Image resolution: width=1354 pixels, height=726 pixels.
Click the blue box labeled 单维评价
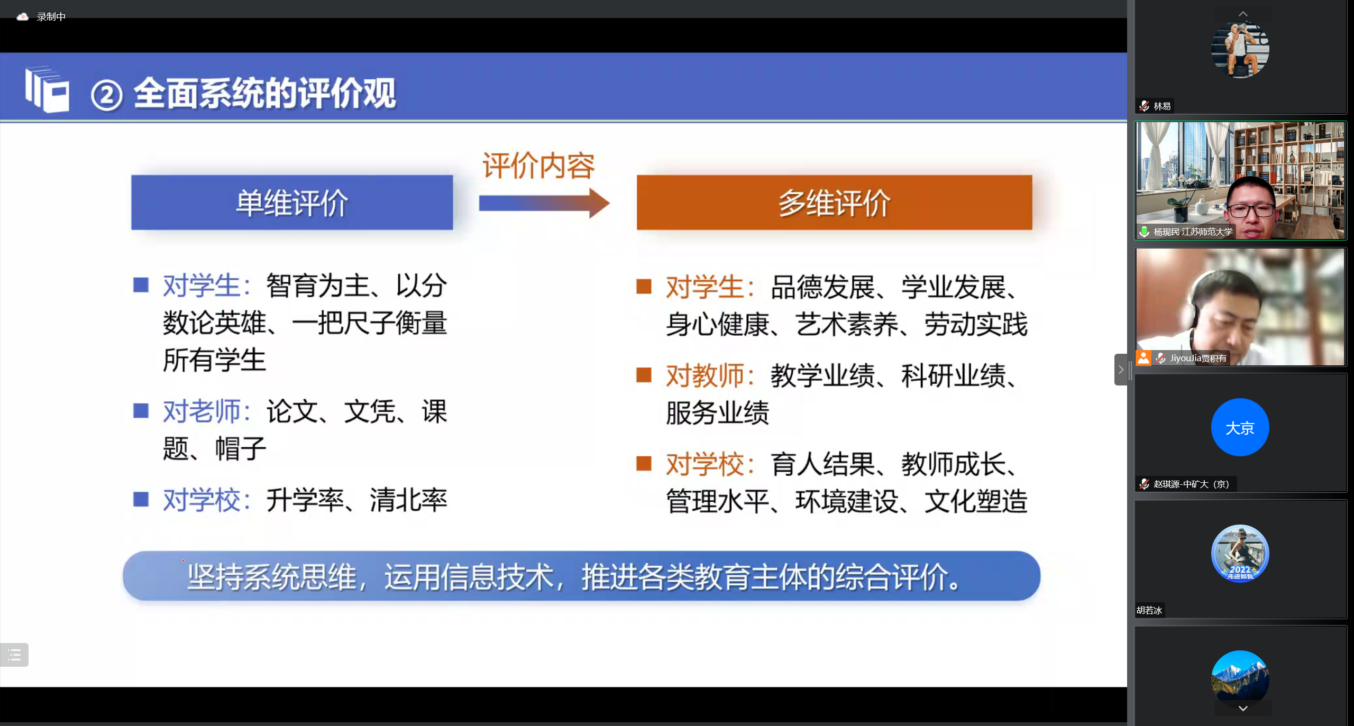(292, 203)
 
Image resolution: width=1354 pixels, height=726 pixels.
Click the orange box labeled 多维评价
(834, 203)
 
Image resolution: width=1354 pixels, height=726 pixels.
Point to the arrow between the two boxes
(544, 203)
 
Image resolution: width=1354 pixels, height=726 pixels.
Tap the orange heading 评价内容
(538, 166)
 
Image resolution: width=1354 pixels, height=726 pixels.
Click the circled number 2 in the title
(107, 96)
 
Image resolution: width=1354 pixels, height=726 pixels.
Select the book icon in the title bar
(47, 89)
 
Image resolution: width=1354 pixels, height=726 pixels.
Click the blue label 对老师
(202, 411)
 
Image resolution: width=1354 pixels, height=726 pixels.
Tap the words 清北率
(408, 500)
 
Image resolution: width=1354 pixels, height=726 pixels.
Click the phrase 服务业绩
(717, 413)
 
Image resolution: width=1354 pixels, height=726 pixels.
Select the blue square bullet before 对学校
(141, 499)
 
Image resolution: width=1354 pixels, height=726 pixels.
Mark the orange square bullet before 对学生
(644, 286)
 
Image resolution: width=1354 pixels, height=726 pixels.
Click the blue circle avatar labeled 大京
(1240, 427)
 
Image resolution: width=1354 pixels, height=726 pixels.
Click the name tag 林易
(1161, 106)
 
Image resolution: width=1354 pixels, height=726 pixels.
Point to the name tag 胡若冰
(1149, 610)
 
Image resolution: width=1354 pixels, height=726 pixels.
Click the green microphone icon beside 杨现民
(1144, 232)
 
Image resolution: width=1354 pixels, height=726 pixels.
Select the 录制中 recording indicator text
(51, 17)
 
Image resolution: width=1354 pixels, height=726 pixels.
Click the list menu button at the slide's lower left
(14, 655)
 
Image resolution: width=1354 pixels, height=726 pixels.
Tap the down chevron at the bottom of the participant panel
(1243, 709)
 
